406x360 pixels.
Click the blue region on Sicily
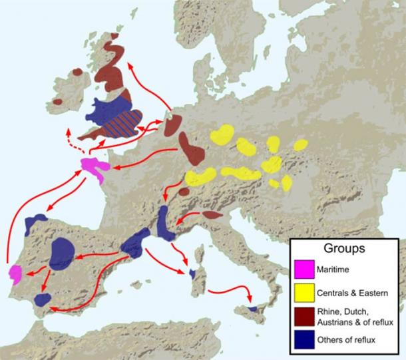coord(253,309)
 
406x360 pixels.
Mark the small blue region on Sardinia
coord(192,273)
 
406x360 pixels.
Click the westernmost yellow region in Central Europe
coord(200,176)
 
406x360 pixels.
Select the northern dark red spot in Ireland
coord(77,71)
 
